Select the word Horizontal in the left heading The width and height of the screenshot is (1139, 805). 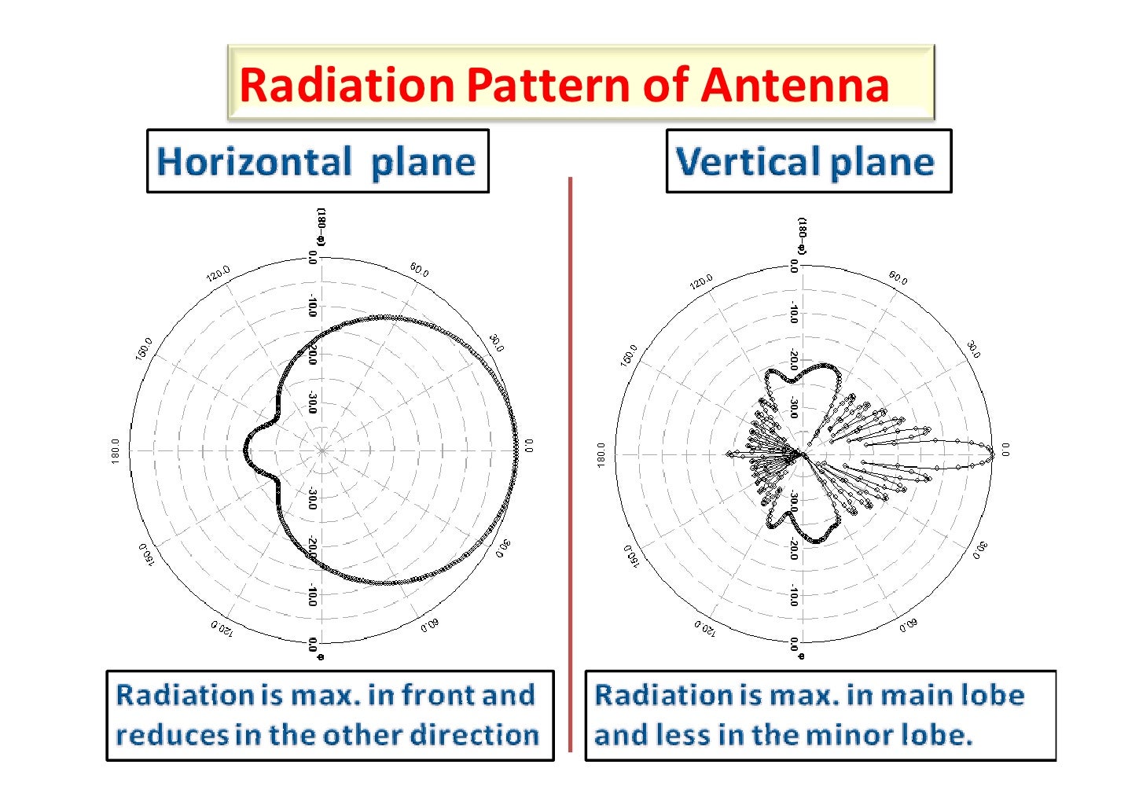pos(253,162)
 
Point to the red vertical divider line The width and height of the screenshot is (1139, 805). pos(570,464)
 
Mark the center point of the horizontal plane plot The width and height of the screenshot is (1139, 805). pos(322,450)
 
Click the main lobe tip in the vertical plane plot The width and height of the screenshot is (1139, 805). pos(992,452)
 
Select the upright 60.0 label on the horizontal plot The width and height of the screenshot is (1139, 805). pos(419,270)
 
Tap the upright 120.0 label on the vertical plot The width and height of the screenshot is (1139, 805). pos(701,281)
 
